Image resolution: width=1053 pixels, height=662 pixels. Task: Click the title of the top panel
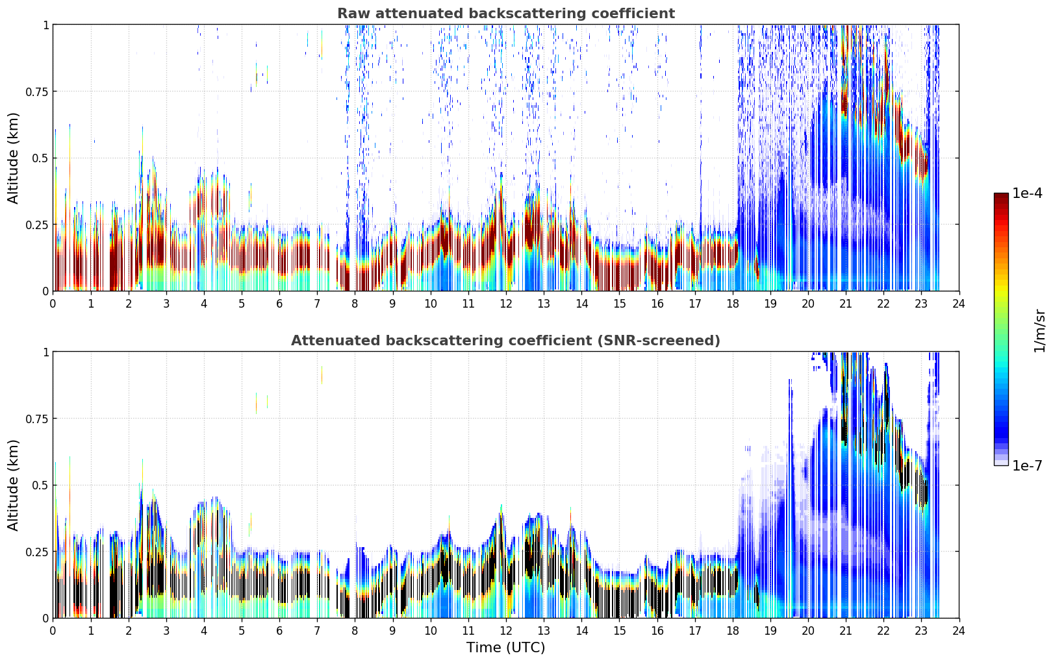[x=506, y=14]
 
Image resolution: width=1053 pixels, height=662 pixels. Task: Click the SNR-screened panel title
[x=506, y=340]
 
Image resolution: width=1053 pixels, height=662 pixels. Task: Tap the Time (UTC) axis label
[x=506, y=648]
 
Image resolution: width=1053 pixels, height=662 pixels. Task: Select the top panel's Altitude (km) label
[x=13, y=158]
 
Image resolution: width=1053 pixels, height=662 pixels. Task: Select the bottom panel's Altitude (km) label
[x=13, y=485]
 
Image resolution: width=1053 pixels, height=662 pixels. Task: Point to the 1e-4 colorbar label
[x=1027, y=193]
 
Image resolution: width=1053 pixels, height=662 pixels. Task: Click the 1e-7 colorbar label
[x=1027, y=466]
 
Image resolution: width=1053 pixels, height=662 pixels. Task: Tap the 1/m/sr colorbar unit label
[x=1040, y=330]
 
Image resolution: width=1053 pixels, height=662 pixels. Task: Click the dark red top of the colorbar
[x=1001, y=197]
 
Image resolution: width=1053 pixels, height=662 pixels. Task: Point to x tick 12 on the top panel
[x=506, y=304]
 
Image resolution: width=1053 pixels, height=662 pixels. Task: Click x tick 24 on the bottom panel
[x=959, y=631]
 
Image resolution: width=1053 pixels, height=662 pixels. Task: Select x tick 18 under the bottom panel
[x=732, y=631]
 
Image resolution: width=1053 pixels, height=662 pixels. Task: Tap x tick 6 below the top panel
[x=279, y=304]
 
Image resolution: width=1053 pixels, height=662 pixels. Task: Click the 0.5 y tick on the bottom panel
[x=40, y=485]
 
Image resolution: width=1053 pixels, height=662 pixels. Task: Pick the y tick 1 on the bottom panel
[x=45, y=352]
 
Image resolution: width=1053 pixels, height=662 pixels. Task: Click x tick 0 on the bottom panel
[x=53, y=631]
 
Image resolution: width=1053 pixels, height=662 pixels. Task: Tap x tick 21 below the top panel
[x=846, y=304]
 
